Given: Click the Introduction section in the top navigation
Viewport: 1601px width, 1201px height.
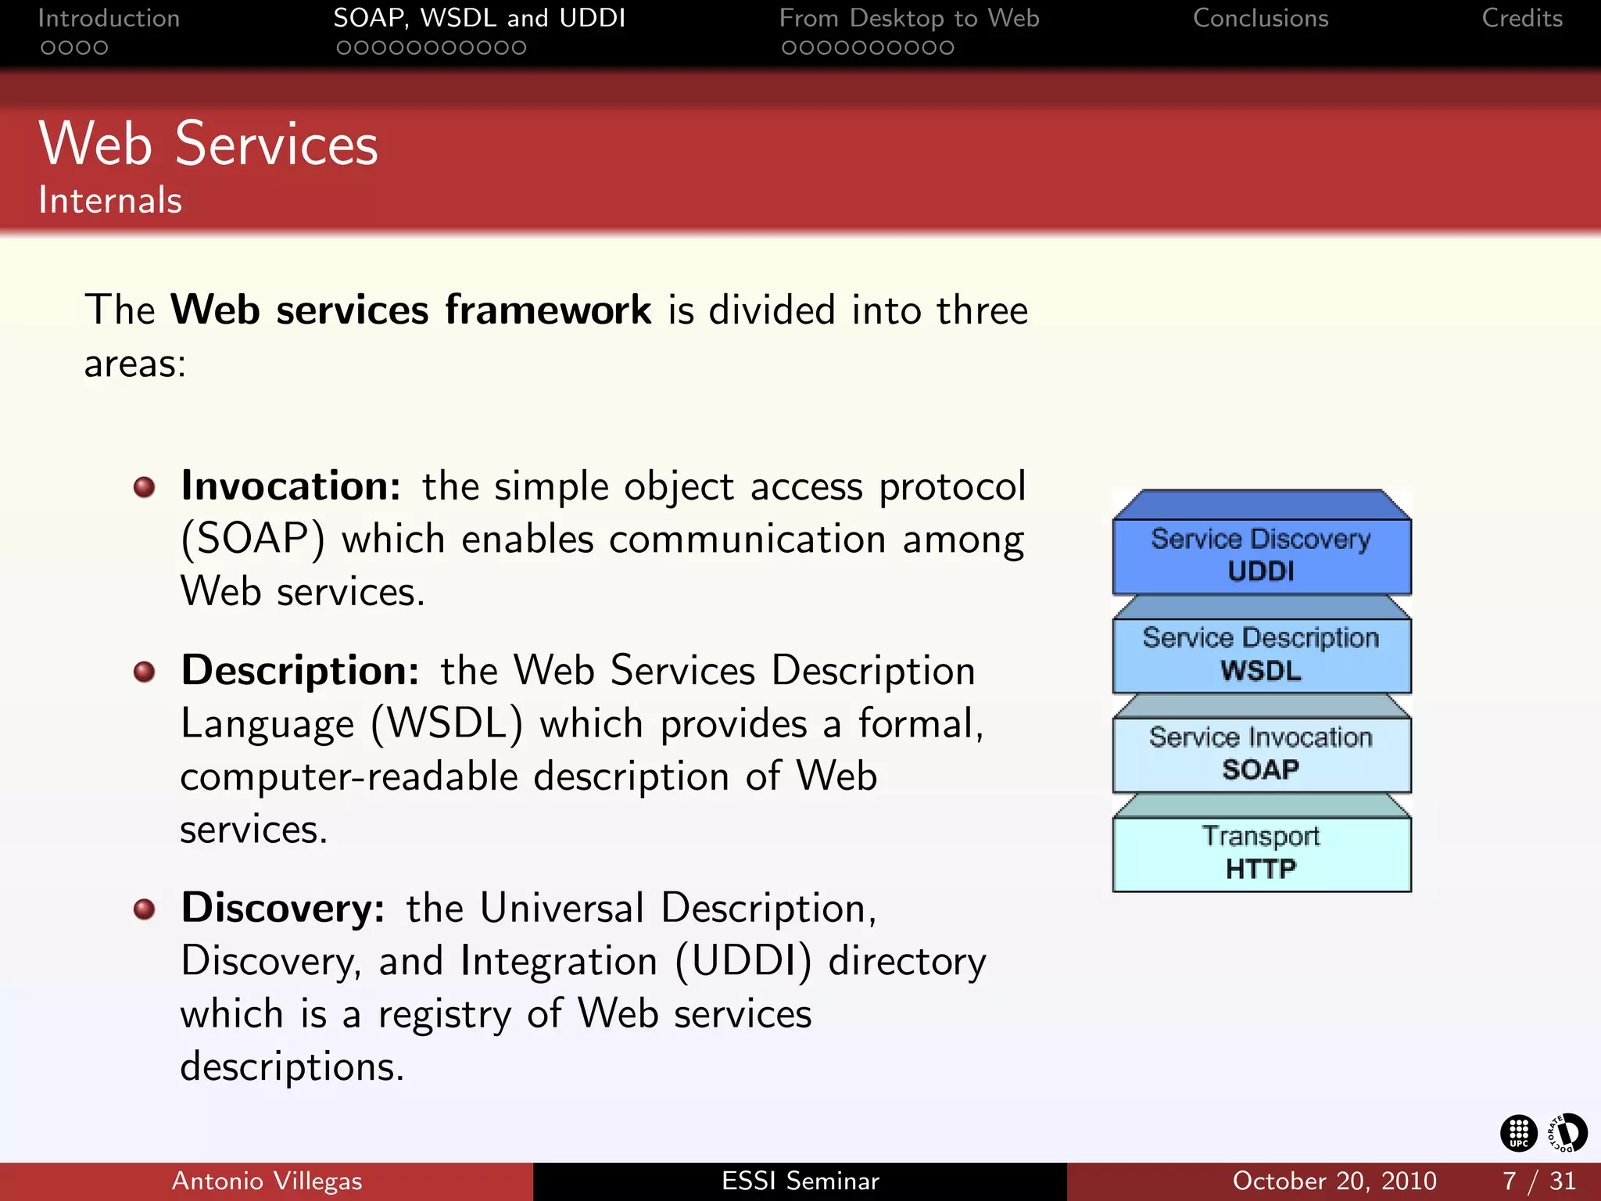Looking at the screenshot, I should coord(109,19).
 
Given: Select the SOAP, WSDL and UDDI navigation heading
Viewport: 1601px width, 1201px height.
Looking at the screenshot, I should coord(479,19).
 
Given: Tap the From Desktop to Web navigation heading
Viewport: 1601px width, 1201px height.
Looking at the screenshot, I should coord(909,19).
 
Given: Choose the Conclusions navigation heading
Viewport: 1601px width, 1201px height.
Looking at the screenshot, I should coord(1260,19).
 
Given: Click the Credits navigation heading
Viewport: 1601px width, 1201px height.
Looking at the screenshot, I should coord(1521,19).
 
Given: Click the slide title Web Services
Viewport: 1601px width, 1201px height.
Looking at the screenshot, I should coord(209,145).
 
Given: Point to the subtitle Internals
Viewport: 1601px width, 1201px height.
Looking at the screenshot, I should coord(110,201).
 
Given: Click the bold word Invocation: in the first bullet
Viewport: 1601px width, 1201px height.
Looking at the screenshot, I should coord(291,486).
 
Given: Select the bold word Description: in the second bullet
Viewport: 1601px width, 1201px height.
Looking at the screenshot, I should coord(300,671).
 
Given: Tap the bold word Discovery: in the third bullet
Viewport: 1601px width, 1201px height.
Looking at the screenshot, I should coord(283,909).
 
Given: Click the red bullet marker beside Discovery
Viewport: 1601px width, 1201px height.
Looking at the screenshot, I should coord(144,909).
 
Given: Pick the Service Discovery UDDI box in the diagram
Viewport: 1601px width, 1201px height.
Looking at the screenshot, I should coord(1261,555).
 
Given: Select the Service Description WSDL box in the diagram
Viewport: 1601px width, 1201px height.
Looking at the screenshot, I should coord(1261,654).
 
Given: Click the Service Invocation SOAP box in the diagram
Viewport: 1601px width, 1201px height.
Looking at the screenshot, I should coord(1261,754).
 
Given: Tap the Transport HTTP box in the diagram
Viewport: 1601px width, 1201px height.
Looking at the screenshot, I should coord(1261,853).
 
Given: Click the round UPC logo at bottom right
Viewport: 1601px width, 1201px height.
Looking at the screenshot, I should coord(1518,1133).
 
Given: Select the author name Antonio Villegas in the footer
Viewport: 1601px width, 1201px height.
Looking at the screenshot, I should coord(267,1181).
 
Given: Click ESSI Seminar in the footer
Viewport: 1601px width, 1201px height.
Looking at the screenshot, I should coord(800,1181).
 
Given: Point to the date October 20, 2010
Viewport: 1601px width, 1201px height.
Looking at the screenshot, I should coord(1334,1181).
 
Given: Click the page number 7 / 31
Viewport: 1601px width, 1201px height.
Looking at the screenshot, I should coord(1538,1181).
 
